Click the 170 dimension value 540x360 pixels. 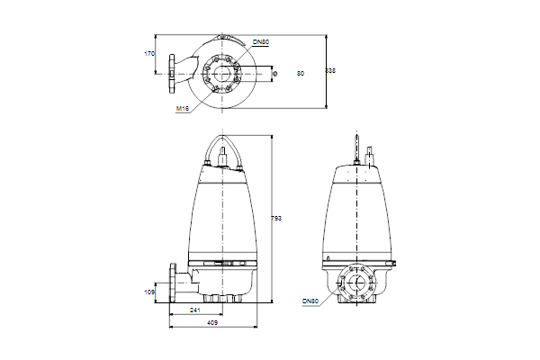(x=149, y=54)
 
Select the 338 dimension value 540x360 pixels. (x=330, y=70)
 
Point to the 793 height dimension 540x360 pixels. (x=276, y=218)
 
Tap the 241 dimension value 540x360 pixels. (x=195, y=310)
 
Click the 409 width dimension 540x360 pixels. (x=212, y=323)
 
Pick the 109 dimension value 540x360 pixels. (x=149, y=292)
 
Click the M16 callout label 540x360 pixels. (x=183, y=109)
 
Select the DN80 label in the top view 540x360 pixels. (x=261, y=42)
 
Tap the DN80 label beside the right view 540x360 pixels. (x=310, y=301)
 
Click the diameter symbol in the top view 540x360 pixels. (x=274, y=74)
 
